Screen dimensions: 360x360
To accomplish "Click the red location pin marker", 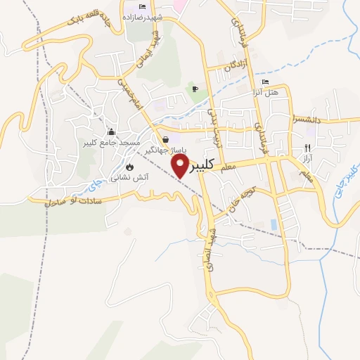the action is pyautogui.click(x=181, y=165).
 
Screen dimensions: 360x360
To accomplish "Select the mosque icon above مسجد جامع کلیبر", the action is pyautogui.click(x=111, y=131).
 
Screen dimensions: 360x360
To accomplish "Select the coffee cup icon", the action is pyautogui.click(x=195, y=89).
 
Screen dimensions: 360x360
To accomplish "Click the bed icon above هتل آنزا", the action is pyautogui.click(x=264, y=82).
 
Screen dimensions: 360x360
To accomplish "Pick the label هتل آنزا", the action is pyautogui.click(x=265, y=92).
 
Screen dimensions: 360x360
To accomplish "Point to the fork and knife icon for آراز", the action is pyautogui.click(x=306, y=147).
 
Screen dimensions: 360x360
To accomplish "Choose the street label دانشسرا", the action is pyautogui.click(x=309, y=119).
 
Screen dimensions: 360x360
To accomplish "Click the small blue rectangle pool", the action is pyautogui.click(x=274, y=224).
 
